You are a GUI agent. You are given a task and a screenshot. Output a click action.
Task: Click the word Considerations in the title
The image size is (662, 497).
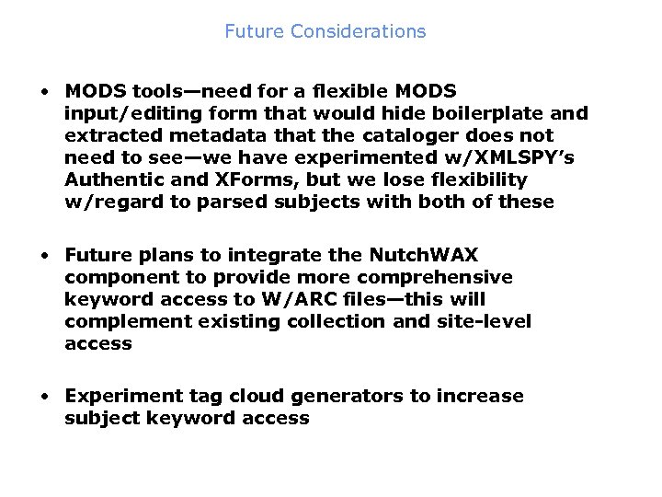click(358, 31)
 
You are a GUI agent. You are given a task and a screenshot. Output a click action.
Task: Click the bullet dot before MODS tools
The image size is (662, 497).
click(44, 92)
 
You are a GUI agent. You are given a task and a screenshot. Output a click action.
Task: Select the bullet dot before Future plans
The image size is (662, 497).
click(44, 256)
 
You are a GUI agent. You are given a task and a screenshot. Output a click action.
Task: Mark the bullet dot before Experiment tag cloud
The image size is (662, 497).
click(44, 397)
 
